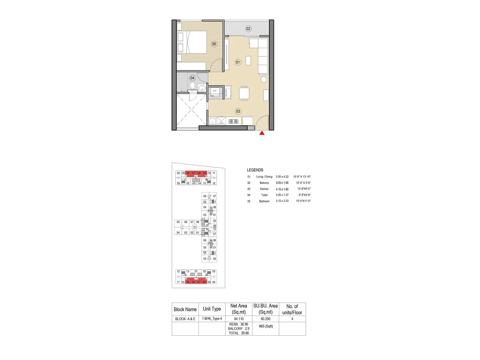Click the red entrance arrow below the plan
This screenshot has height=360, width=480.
pos(262,133)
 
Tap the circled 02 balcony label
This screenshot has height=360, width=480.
pos(248,29)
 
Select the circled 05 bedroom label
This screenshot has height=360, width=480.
pos(214,44)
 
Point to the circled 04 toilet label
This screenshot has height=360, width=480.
pos(192,78)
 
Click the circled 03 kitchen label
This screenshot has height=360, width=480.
pos(238,111)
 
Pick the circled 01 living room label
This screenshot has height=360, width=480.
pos(238,62)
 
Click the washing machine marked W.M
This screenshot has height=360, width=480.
pos(215,92)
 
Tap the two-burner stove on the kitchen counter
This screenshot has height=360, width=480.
pos(233,121)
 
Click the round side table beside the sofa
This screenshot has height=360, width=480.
pos(264,79)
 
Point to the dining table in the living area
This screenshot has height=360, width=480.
pos(244,93)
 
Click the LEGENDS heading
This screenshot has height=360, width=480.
pos(255,170)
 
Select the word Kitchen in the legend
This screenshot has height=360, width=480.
pos(264,189)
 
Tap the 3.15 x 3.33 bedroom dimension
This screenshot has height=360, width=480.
pos(282,201)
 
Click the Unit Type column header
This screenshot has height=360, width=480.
pos(212,309)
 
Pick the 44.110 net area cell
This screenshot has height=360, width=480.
pos(239,319)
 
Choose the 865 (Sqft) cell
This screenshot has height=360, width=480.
pos(266,326)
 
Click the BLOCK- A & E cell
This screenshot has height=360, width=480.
pos(185,319)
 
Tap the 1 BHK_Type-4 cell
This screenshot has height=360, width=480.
pos(212,319)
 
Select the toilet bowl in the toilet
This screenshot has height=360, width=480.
pos(193,86)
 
